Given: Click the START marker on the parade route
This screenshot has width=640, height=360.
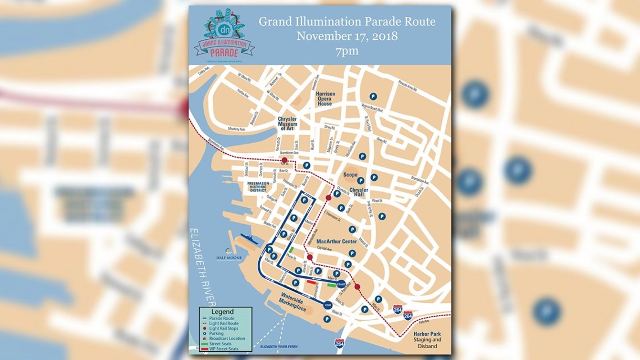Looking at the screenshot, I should [341, 284].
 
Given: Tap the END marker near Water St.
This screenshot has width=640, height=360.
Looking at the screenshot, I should [328, 305].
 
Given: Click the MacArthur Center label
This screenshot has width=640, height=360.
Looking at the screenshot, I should [336, 242].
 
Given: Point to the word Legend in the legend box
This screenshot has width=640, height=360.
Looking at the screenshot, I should [222, 312].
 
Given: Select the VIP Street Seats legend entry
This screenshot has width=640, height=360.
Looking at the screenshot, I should [224, 349].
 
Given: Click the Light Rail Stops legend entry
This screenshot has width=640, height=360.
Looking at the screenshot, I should [224, 329].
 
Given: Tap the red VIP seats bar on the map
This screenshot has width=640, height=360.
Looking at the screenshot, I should [311, 283].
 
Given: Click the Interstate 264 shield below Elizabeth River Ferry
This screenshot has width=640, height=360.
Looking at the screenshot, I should [340, 343].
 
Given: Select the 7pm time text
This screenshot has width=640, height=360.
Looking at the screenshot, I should [347, 52].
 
